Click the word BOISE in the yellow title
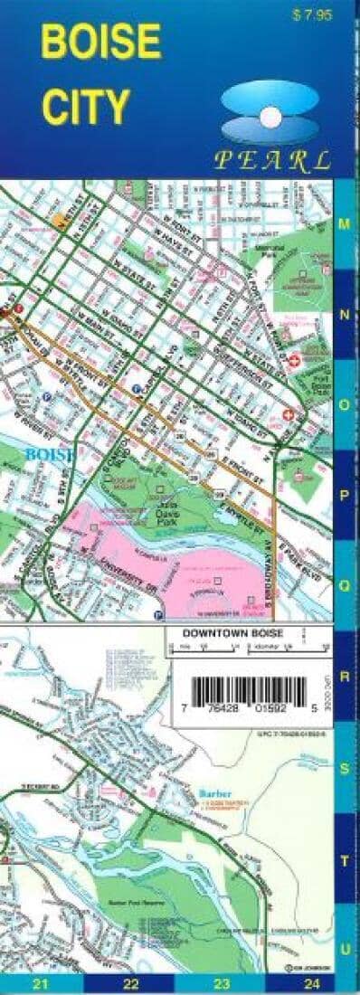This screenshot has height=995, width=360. pos(101,42)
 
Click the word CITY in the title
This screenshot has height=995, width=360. pos(85,106)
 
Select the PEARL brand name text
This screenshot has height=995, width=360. pos(271,162)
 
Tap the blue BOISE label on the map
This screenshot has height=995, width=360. pos(51,454)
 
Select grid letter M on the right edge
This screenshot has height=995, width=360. pos(346,223)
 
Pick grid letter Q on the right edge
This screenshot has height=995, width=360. pos(346,584)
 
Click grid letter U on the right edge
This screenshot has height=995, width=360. pos(346,947)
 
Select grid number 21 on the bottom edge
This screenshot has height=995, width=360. pos(39,984)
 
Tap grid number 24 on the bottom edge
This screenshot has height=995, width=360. pos(312,984)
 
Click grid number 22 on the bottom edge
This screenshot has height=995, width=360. pos(131,984)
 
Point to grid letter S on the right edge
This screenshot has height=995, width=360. pos(346,766)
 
